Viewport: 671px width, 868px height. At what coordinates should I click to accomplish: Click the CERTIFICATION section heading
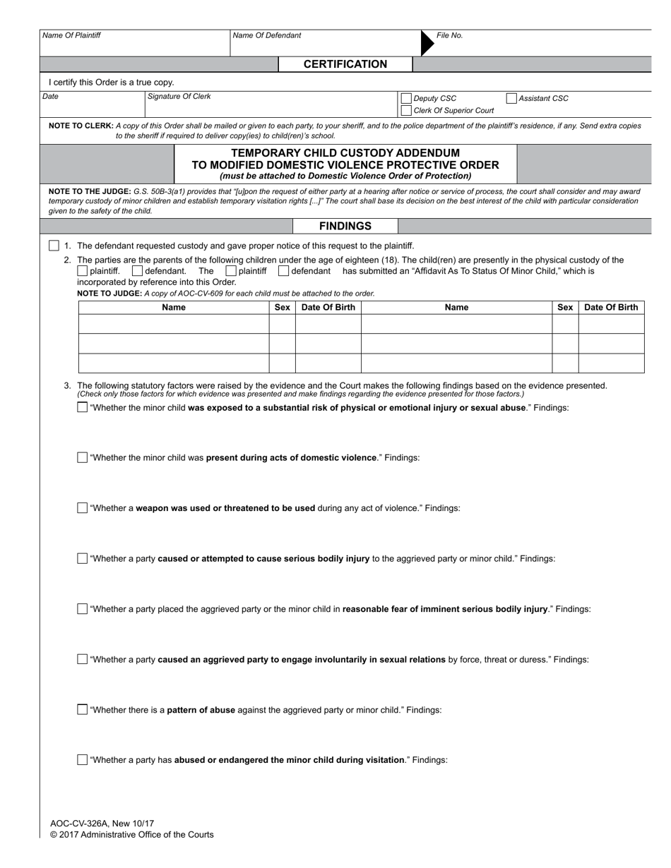(345, 64)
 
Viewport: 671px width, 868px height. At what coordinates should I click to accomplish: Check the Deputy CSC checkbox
(406, 99)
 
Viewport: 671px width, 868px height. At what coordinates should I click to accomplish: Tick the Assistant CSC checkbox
(511, 99)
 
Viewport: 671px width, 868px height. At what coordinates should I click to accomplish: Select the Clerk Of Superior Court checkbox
(406, 111)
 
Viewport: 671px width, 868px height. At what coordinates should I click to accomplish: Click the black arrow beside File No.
(427, 42)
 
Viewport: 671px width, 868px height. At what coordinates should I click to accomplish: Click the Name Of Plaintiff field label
(71, 35)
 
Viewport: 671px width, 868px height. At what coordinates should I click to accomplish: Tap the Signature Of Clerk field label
(179, 97)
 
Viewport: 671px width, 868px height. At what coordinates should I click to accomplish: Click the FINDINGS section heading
(345, 226)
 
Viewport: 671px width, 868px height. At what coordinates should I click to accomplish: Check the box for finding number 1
(54, 246)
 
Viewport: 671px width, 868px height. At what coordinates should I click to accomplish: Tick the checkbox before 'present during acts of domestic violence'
(83, 457)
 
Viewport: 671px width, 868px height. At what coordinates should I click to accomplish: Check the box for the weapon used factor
(83, 508)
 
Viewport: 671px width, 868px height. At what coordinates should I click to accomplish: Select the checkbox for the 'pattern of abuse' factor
(83, 710)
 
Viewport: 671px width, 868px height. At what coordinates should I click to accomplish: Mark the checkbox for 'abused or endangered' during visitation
(83, 760)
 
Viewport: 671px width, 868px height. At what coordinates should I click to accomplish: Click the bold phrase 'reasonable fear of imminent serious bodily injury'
(445, 609)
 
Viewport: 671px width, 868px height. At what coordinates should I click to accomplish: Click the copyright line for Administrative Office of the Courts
(131, 834)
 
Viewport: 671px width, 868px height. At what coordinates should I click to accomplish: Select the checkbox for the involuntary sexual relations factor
(83, 659)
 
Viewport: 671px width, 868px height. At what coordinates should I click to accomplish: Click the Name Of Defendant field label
(266, 35)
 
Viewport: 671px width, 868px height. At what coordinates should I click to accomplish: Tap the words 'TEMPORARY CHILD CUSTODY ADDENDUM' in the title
(345, 152)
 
